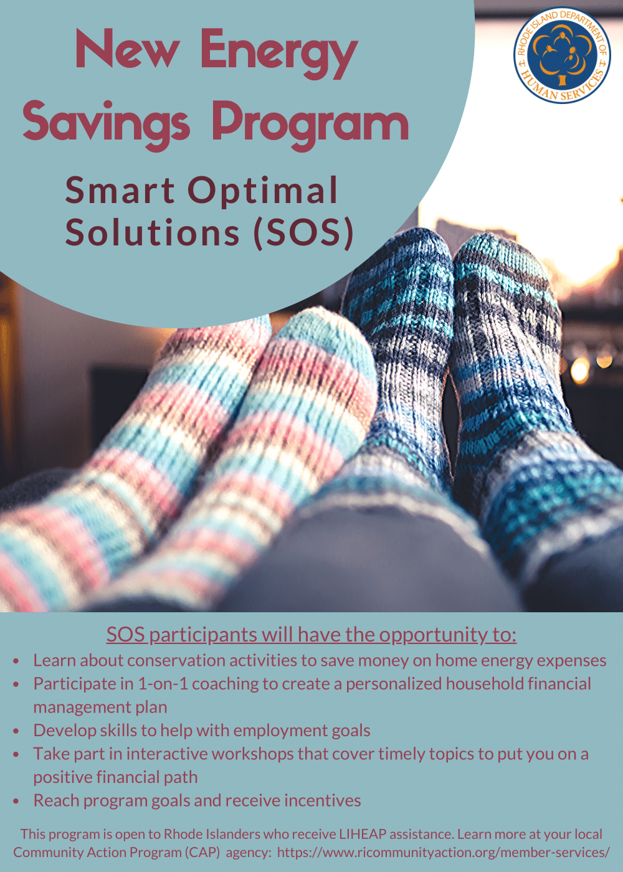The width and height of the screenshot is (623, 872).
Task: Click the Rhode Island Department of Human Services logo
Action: coord(562,55)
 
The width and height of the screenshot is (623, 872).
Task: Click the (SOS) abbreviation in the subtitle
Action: coord(304,232)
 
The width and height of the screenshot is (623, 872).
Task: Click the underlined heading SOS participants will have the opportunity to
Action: coord(311,635)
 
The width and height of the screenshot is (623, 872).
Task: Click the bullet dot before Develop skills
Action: coord(16,731)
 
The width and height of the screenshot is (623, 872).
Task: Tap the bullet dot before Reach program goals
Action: coord(16,802)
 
